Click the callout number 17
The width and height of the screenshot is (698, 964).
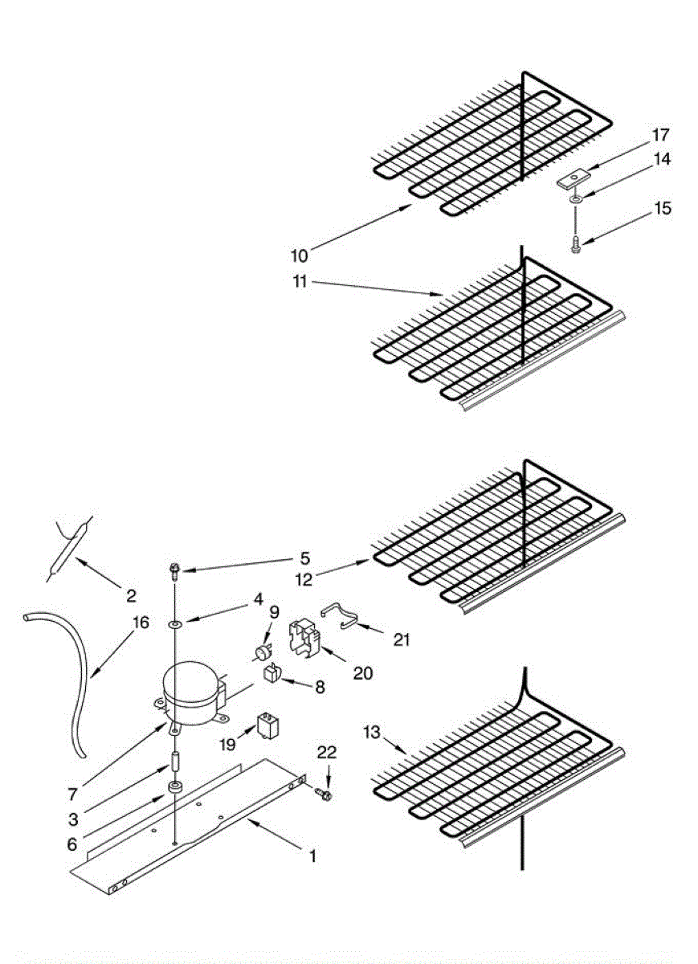[660, 135]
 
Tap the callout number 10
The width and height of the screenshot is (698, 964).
[299, 255]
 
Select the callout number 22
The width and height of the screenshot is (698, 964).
[327, 752]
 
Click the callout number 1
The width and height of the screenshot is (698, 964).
[312, 856]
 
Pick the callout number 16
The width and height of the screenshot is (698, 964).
[141, 622]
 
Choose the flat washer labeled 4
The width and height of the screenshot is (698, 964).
[174, 623]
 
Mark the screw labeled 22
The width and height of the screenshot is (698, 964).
[325, 794]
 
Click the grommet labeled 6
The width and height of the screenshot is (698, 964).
[174, 786]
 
